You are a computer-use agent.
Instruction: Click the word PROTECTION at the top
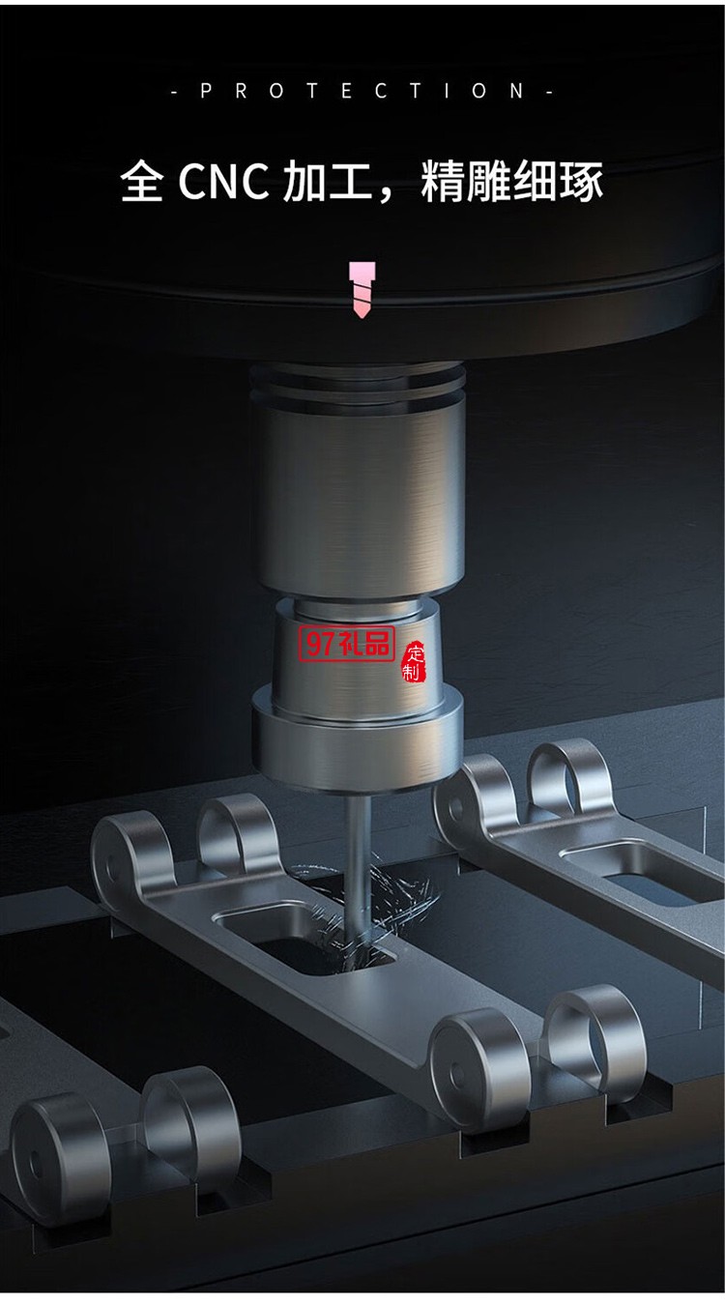(x=362, y=91)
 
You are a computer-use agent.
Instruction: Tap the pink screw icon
(x=362, y=290)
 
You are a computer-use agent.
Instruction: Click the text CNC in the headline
(x=223, y=181)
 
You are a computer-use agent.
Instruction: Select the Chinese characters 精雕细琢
(x=511, y=181)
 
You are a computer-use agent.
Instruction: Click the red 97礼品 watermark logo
(x=347, y=645)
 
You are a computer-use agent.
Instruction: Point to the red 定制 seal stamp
(x=414, y=661)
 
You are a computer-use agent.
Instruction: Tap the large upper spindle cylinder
(x=359, y=499)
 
